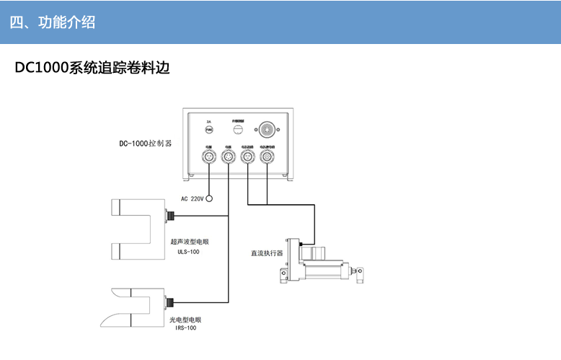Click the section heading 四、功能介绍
pos(52,22)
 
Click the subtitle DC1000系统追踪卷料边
pos(92,69)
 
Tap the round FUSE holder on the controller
pos(209,130)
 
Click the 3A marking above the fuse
pos(209,121)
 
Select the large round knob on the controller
pos(268,130)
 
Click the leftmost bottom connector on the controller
pos(209,156)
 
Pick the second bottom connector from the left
pos(229,156)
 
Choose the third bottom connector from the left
pos(248,156)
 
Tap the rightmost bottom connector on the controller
pos(268,156)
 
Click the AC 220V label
pos(192,198)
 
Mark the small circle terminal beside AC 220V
pos(210,198)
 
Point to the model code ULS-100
pos(188,253)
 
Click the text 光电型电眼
pos(185,319)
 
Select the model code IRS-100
pos(185,328)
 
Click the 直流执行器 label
pos(267,253)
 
